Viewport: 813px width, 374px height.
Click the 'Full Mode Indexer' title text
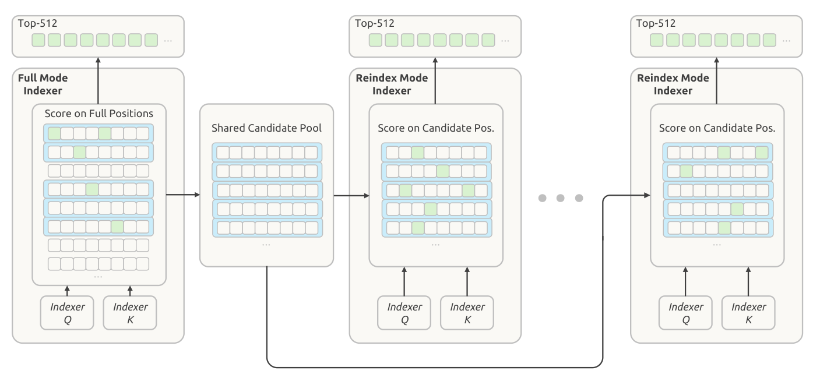click(43, 84)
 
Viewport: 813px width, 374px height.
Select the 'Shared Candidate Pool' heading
click(266, 128)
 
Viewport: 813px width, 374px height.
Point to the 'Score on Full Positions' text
click(98, 114)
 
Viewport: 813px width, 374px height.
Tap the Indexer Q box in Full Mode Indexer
click(67, 313)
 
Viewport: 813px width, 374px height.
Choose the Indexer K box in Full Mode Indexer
click(130, 313)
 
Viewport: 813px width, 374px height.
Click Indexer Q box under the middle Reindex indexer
click(404, 313)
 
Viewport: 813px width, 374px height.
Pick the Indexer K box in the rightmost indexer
click(748, 313)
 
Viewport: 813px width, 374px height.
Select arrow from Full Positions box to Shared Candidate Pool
click(183, 195)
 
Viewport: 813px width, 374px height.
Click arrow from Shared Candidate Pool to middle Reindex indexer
click(351, 196)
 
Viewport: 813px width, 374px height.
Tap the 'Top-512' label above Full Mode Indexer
click(37, 23)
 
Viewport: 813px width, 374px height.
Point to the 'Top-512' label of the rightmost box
click(656, 23)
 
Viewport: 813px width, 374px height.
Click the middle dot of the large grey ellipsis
click(561, 198)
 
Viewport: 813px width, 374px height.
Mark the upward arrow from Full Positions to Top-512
click(98, 81)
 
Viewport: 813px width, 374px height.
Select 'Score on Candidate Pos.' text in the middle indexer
click(436, 128)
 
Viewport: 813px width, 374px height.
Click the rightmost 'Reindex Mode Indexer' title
click(673, 84)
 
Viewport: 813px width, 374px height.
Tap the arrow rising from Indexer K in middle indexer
click(467, 281)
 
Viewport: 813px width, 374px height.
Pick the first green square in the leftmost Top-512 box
click(38, 40)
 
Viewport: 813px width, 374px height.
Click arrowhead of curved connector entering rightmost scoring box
click(647, 195)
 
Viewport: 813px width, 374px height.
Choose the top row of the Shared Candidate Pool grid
click(267, 153)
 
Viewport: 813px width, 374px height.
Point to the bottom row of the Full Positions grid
click(98, 264)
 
